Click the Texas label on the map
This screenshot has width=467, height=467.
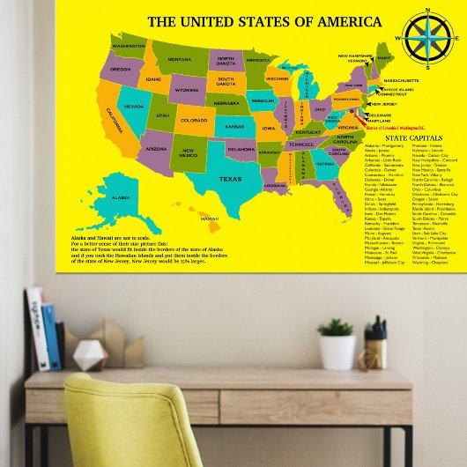(229, 179)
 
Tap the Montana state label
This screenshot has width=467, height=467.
(180, 59)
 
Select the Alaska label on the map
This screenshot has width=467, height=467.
(121, 198)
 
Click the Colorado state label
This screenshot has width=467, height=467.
(194, 120)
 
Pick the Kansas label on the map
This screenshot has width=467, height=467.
(233, 126)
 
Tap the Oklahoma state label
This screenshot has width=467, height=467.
(241, 149)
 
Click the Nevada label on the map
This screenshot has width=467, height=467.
(134, 106)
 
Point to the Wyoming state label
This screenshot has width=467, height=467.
(186, 89)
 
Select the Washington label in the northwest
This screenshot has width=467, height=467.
(129, 45)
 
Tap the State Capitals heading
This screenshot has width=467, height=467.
(412, 138)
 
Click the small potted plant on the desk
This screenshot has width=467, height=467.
(337, 344)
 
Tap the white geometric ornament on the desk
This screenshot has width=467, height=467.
(89, 355)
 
